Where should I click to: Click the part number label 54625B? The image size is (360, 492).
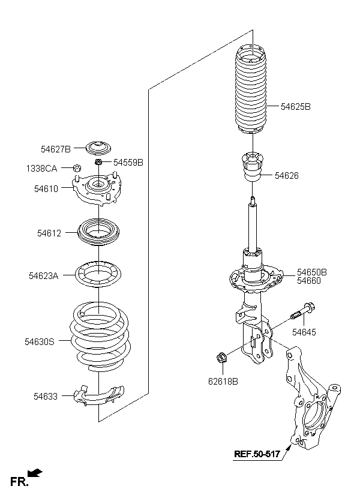(295, 107)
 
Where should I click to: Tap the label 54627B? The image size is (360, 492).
(56, 149)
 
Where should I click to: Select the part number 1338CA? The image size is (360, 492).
(41, 169)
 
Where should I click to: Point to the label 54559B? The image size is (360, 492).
(128, 163)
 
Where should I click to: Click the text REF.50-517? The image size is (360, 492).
(257, 454)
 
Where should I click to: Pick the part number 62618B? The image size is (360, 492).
(223, 381)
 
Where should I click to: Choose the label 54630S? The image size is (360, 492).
(40, 342)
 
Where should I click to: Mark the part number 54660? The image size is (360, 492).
(309, 281)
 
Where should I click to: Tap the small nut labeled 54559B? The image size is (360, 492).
(98, 162)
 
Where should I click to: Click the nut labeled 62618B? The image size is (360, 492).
(221, 358)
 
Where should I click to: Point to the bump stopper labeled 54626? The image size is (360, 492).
(253, 166)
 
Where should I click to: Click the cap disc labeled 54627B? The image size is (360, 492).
(99, 148)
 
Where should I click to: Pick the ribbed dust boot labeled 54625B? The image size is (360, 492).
(251, 89)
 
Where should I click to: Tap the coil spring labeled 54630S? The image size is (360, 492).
(100, 337)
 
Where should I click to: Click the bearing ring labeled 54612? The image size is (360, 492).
(98, 232)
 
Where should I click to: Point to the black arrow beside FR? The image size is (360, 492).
(35, 472)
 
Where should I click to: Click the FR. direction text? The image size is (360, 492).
(18, 482)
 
